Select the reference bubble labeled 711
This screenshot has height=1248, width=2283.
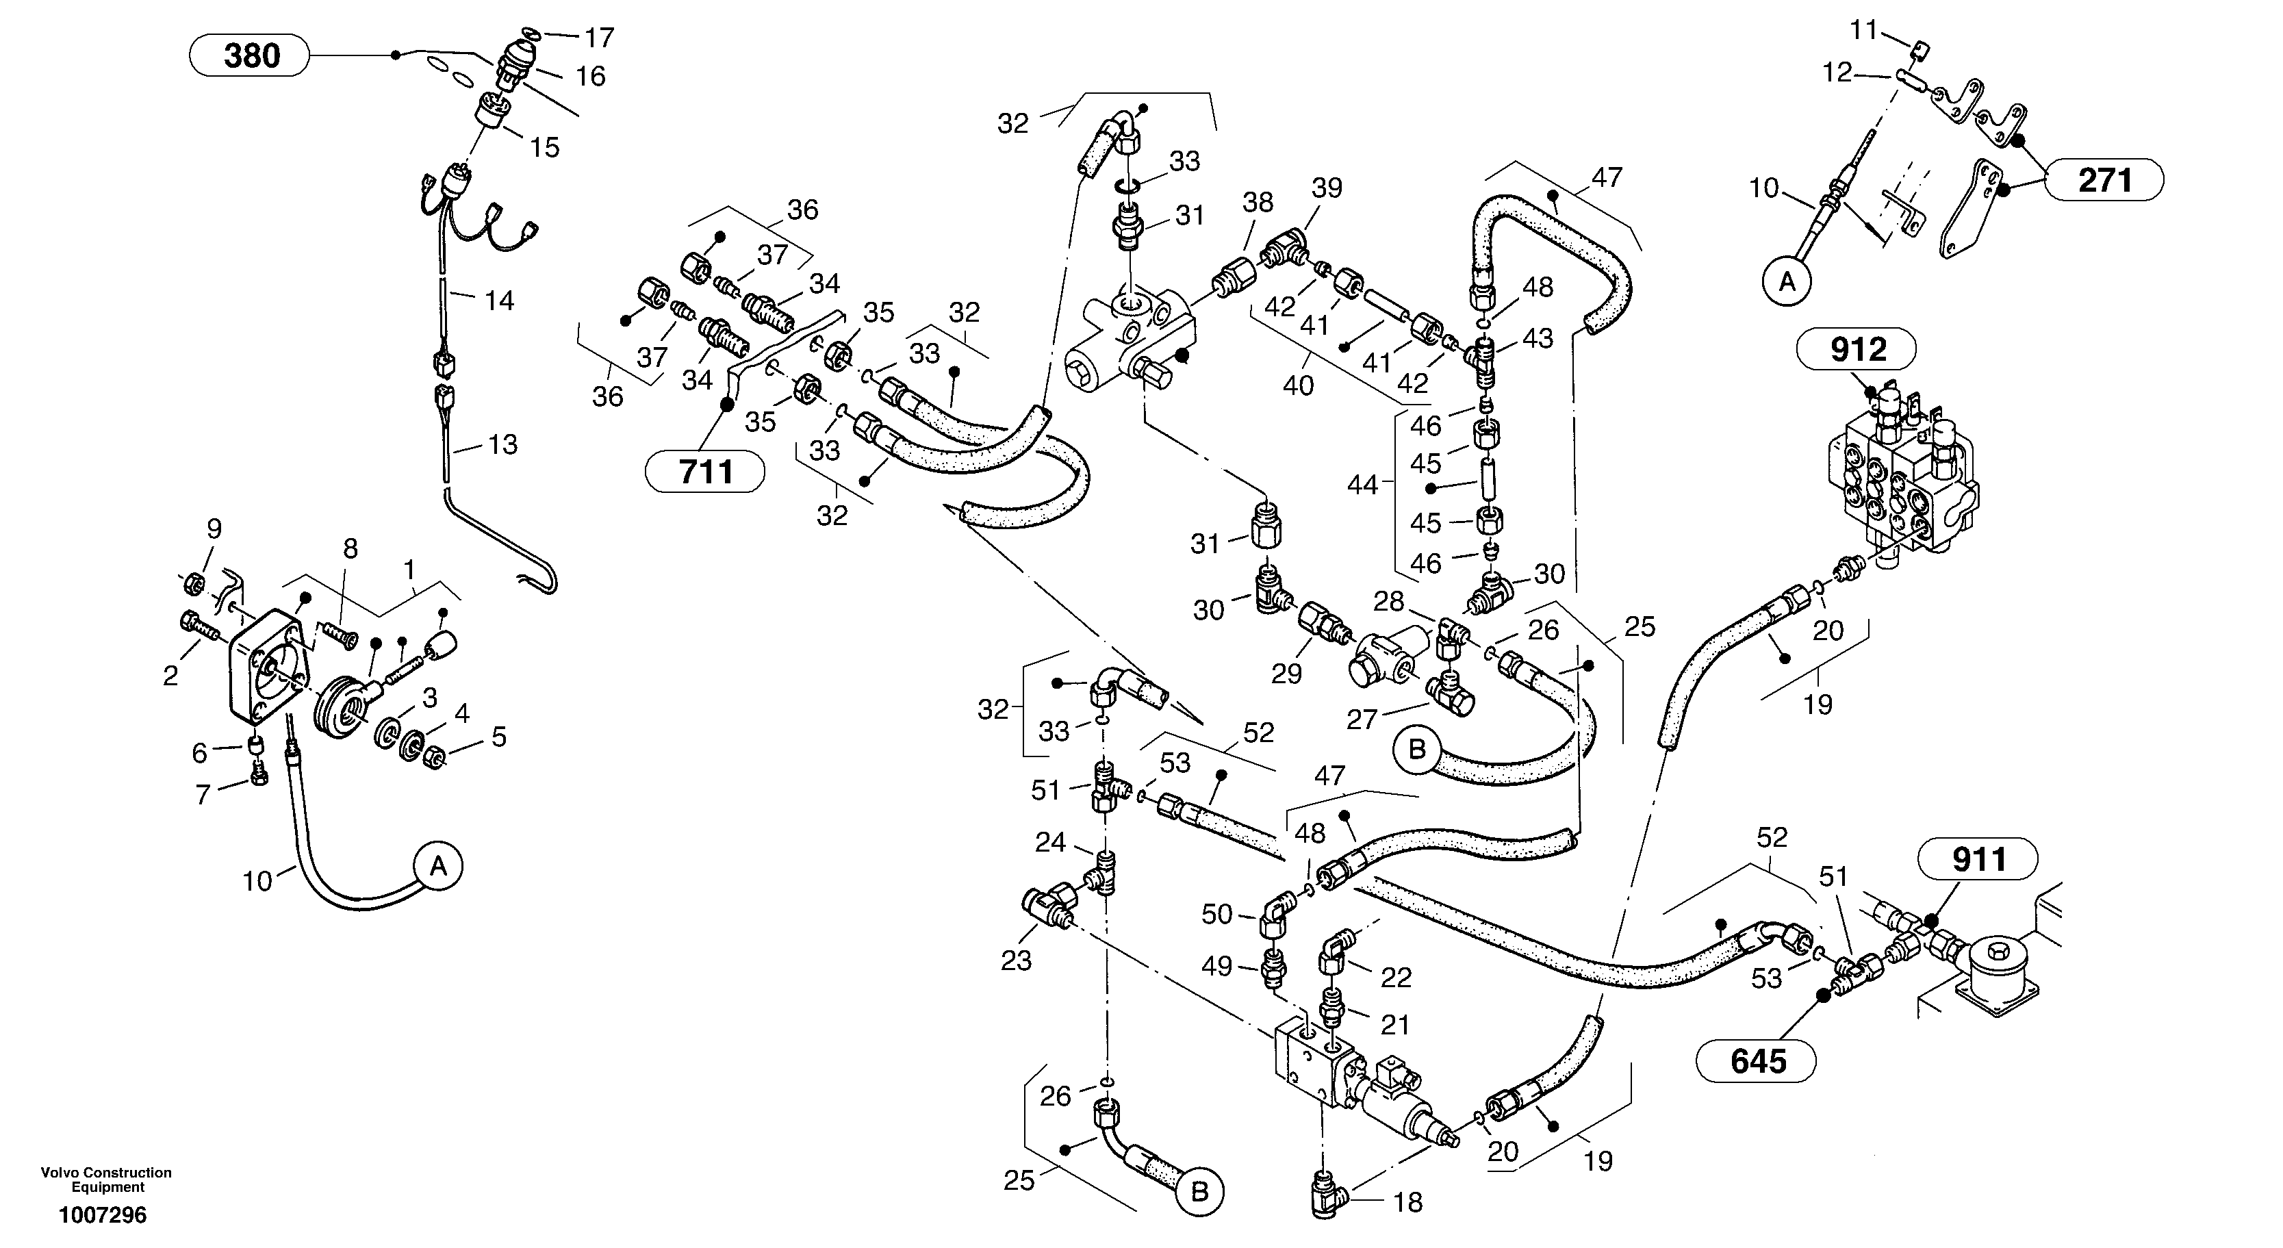pos(706,472)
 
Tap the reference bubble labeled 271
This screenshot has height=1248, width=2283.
pos(2104,181)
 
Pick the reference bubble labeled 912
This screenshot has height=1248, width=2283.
pos(1857,349)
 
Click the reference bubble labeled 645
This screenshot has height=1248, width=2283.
pos(1757,1061)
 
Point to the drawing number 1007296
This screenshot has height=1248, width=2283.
pos(103,1215)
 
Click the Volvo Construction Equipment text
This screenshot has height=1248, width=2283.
pos(106,1180)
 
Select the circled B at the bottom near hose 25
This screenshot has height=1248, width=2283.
pos(1199,1192)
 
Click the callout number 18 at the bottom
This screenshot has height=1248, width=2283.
pos(1407,1203)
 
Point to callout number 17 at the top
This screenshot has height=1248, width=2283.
pos(599,38)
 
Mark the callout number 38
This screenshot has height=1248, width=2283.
pos(1258,203)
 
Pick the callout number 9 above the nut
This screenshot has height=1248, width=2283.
pos(214,529)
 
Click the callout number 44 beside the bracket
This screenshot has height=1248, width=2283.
pos(1362,485)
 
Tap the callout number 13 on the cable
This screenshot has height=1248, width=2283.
pos(502,445)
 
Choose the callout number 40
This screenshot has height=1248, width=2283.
pos(1299,385)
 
